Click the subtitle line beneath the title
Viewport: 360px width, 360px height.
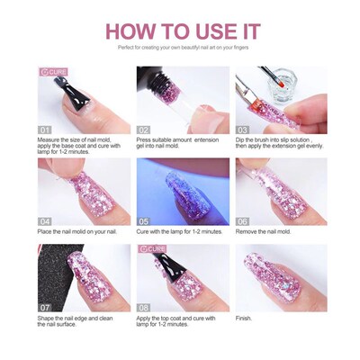point(180,48)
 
